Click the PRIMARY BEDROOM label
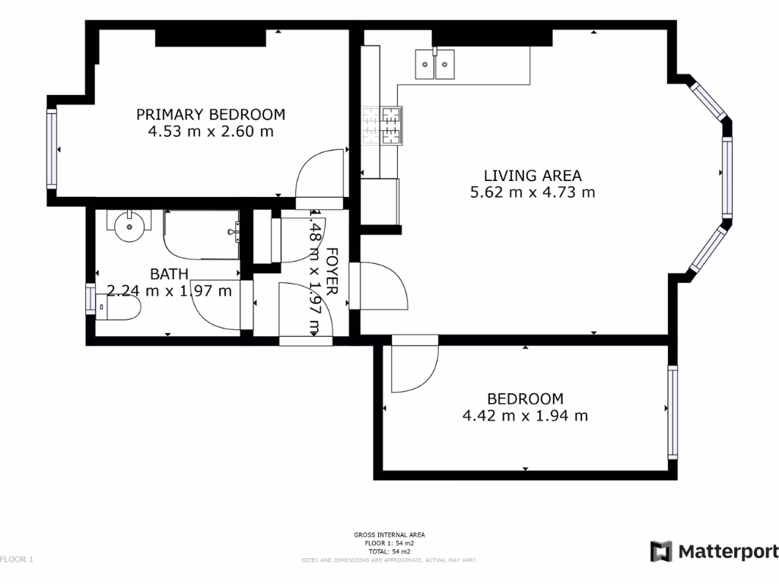tap(211, 115)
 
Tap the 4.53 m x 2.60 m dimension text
tap(211, 132)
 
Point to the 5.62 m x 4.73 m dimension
tap(533, 192)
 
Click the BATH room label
tap(169, 274)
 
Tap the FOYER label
tap(332, 271)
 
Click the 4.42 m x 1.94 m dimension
tap(525, 415)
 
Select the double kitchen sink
tap(434, 65)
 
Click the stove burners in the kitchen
tap(382, 125)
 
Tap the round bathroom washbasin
tap(131, 225)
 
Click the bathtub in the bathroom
tap(202, 234)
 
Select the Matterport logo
tap(714, 551)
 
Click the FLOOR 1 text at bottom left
tap(17, 560)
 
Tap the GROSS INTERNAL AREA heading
tap(389, 535)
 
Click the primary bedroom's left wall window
tap(52, 149)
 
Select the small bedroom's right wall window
tap(672, 411)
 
